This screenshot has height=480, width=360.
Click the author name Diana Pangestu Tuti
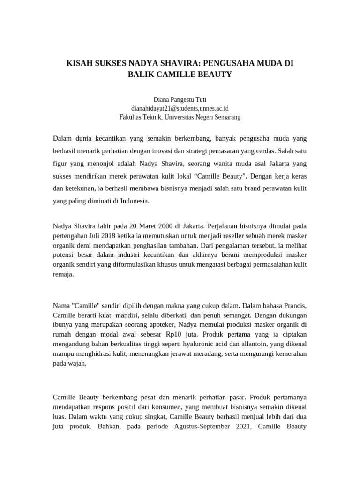(x=180, y=99)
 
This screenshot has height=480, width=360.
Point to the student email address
(x=180, y=108)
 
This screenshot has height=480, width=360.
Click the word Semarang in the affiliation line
(x=227, y=117)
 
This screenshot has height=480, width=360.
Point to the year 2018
(x=108, y=235)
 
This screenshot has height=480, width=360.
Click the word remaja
(x=63, y=275)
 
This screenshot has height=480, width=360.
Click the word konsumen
(x=167, y=407)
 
